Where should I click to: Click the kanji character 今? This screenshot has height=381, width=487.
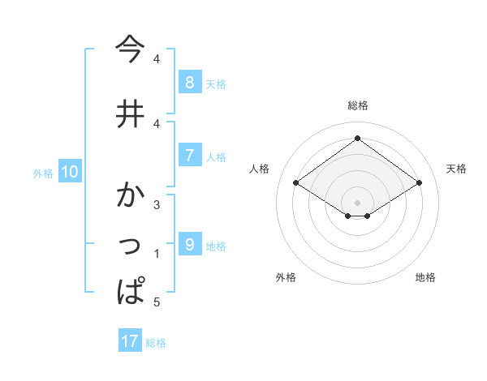(x=131, y=50)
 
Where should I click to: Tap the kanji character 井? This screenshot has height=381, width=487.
(x=131, y=113)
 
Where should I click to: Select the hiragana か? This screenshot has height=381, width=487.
(x=131, y=196)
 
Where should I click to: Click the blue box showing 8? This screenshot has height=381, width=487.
(x=189, y=82)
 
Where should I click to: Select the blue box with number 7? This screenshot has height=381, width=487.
(x=189, y=156)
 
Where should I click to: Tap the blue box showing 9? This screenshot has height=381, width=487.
(x=189, y=244)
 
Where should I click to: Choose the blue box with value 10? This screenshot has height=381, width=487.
(x=69, y=172)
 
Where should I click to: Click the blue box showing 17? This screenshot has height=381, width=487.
(x=130, y=341)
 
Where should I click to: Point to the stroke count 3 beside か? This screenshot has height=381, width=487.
(x=157, y=204)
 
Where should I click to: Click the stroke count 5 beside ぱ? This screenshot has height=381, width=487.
(x=157, y=302)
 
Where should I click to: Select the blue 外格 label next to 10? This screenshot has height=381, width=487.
(x=42, y=173)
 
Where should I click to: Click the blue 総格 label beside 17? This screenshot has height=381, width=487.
(x=156, y=342)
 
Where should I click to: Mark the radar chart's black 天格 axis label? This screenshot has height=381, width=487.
(x=456, y=169)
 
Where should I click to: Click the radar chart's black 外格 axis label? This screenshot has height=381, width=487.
(x=286, y=277)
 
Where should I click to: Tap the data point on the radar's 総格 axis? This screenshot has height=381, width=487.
(x=357, y=139)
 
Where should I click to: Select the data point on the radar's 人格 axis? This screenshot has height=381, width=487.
(x=296, y=183)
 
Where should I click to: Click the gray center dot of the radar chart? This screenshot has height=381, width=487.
(x=357, y=202)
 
